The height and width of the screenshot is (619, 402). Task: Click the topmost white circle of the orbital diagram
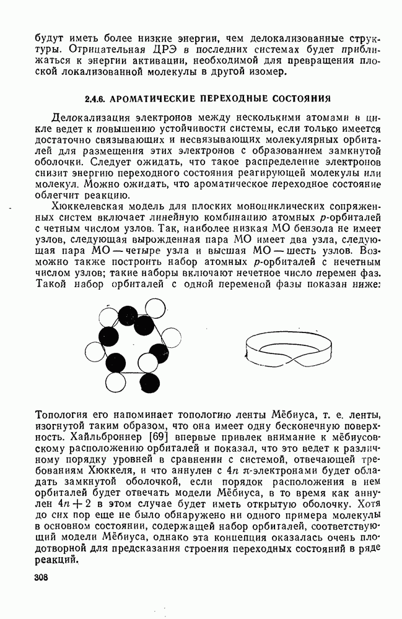tap(155, 308)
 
